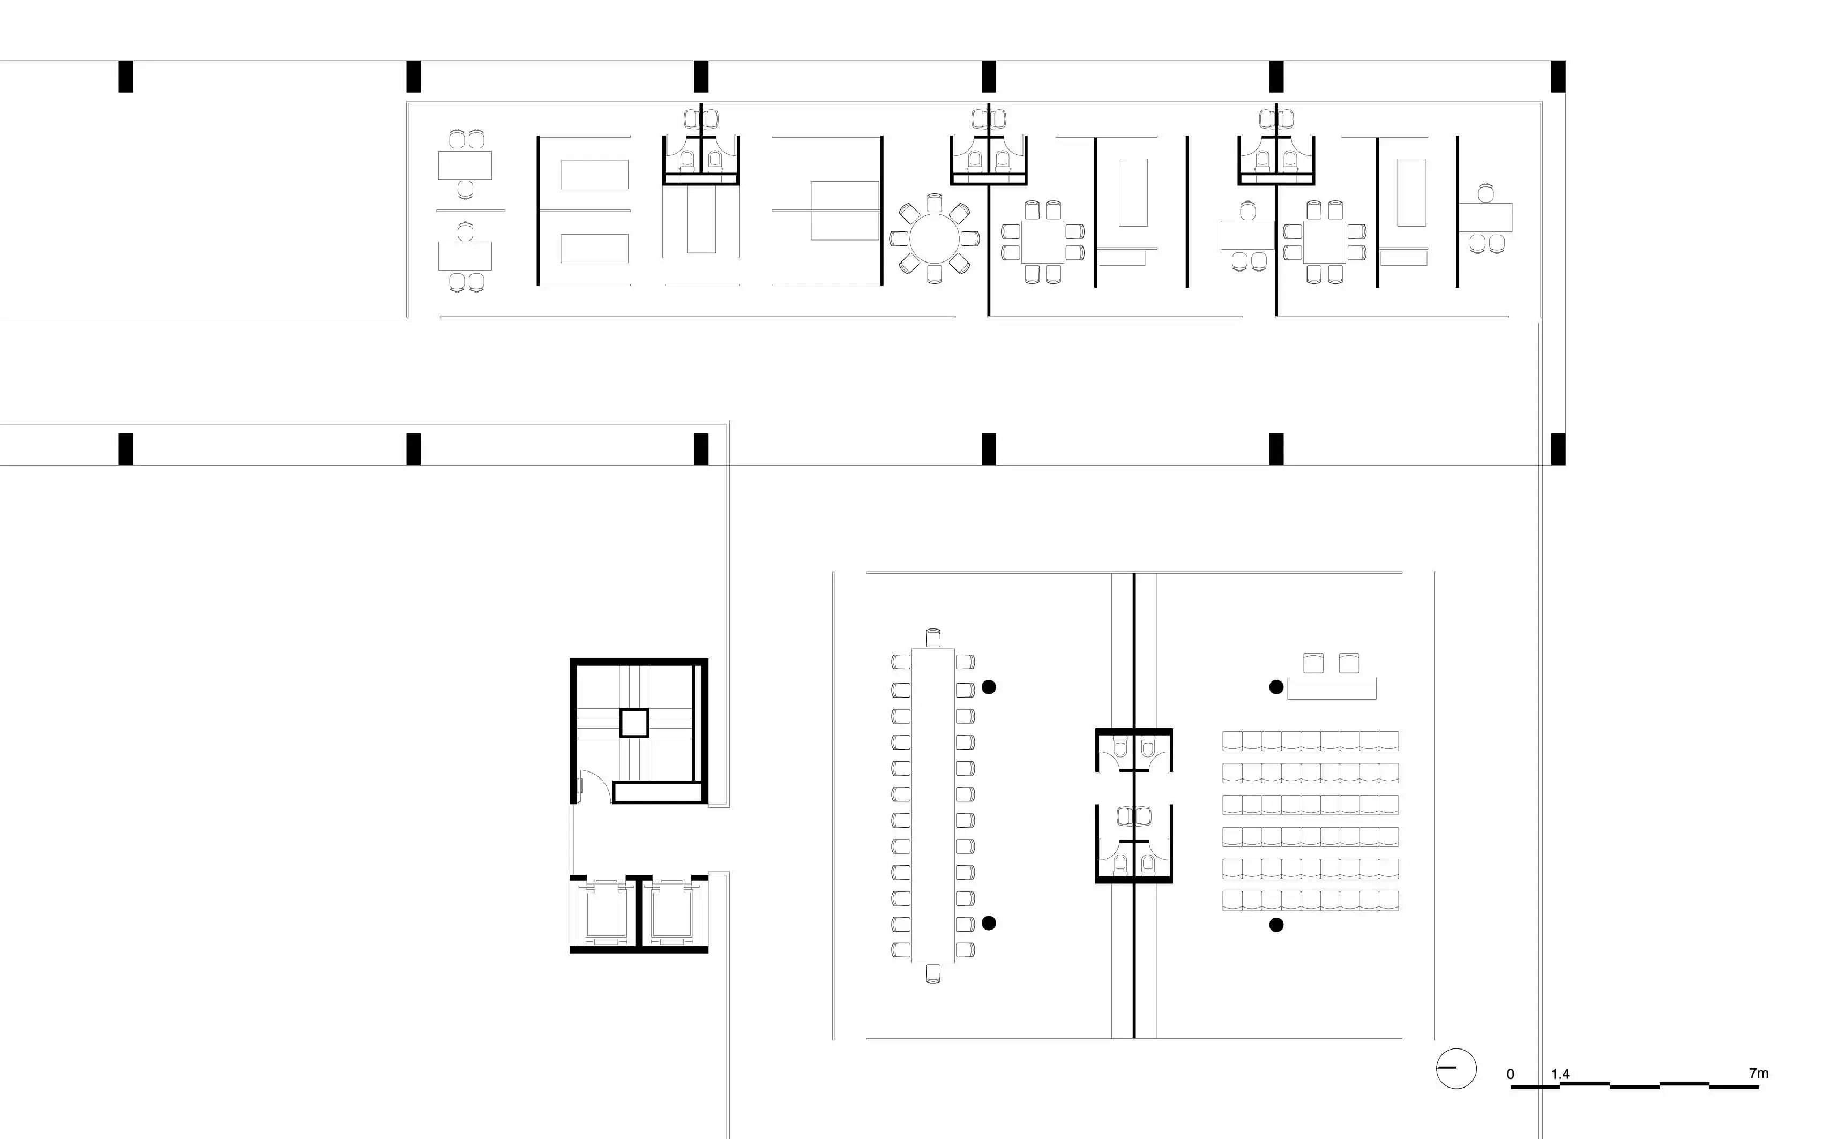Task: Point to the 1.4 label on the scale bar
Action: point(1560,1074)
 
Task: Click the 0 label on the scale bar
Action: point(1511,1074)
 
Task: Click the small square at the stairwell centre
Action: point(633,723)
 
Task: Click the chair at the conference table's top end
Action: point(933,638)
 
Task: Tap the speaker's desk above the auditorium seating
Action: point(1331,688)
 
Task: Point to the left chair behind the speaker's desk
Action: point(1313,663)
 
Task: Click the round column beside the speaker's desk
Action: point(1276,687)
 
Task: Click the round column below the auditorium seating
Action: point(1276,925)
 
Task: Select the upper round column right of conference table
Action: point(989,687)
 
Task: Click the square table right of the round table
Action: point(1043,242)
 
